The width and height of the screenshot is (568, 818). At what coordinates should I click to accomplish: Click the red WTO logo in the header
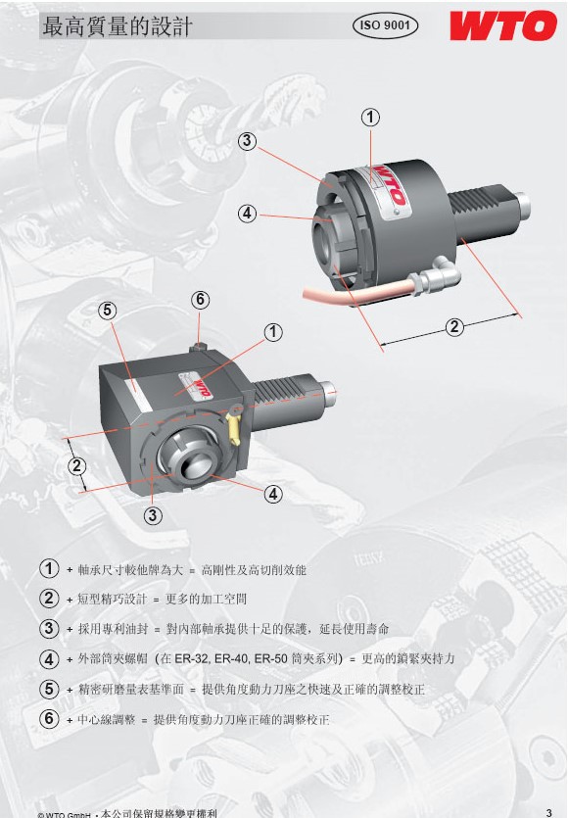[503, 25]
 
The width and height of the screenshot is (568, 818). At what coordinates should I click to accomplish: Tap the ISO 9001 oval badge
[386, 25]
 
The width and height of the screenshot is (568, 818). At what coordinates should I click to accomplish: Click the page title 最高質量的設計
[117, 26]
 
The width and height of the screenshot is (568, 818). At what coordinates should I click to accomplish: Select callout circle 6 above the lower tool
[201, 300]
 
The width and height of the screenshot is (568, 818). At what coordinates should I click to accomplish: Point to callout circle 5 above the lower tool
[107, 311]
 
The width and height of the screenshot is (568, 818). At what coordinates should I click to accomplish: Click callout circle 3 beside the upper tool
[247, 141]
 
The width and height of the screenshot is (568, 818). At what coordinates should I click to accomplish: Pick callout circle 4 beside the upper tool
[247, 213]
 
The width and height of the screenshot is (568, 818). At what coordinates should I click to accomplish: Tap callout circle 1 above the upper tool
[370, 117]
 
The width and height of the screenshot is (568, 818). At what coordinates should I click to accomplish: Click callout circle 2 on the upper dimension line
[454, 327]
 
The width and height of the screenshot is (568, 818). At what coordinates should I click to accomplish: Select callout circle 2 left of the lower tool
[77, 465]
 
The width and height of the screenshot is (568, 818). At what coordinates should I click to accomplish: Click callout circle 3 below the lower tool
[153, 515]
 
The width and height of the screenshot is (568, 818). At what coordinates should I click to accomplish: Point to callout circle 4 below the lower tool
[273, 494]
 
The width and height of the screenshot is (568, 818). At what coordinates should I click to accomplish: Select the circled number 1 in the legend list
[49, 568]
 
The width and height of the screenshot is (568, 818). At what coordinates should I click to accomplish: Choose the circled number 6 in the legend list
[49, 719]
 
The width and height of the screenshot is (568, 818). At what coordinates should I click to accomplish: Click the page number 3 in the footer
[548, 812]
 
